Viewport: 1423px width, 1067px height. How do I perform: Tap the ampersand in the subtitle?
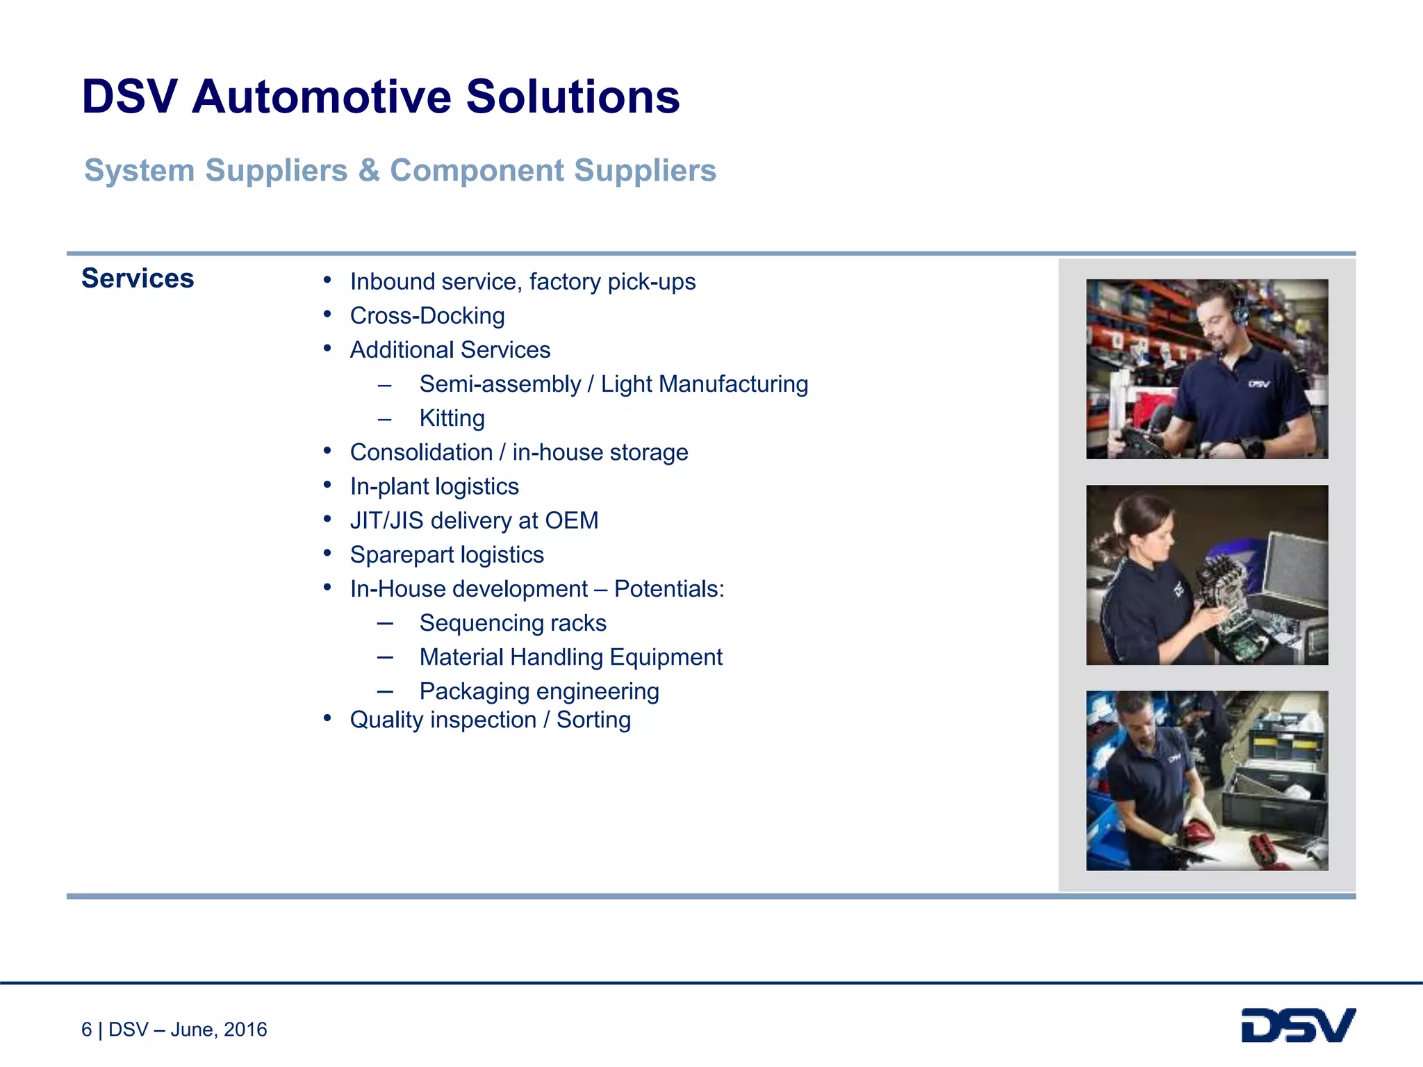point(368,171)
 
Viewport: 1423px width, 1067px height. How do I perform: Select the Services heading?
point(138,279)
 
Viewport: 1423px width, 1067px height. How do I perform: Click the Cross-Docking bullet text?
point(427,316)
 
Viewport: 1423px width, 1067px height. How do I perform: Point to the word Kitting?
point(452,418)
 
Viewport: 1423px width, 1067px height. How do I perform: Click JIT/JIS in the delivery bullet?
point(386,520)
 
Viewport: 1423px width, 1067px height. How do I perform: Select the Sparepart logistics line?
point(446,555)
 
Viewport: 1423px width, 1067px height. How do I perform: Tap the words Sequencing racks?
point(512,623)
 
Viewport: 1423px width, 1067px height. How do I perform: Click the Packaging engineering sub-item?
point(538,691)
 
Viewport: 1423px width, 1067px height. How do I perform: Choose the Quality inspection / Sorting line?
point(490,720)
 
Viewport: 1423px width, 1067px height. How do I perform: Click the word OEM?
point(571,520)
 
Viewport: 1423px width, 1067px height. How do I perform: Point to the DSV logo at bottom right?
point(1297,1026)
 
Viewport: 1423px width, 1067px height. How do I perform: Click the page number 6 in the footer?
point(86,1029)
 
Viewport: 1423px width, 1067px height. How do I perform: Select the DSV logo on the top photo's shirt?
point(1259,383)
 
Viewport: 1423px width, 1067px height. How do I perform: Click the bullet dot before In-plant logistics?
point(327,486)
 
